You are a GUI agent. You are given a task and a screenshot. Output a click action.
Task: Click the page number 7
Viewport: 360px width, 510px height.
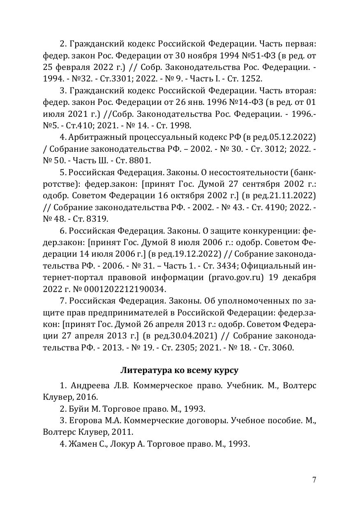point(314,480)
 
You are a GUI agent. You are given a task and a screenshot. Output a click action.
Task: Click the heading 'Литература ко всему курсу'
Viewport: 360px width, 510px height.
point(179,370)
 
